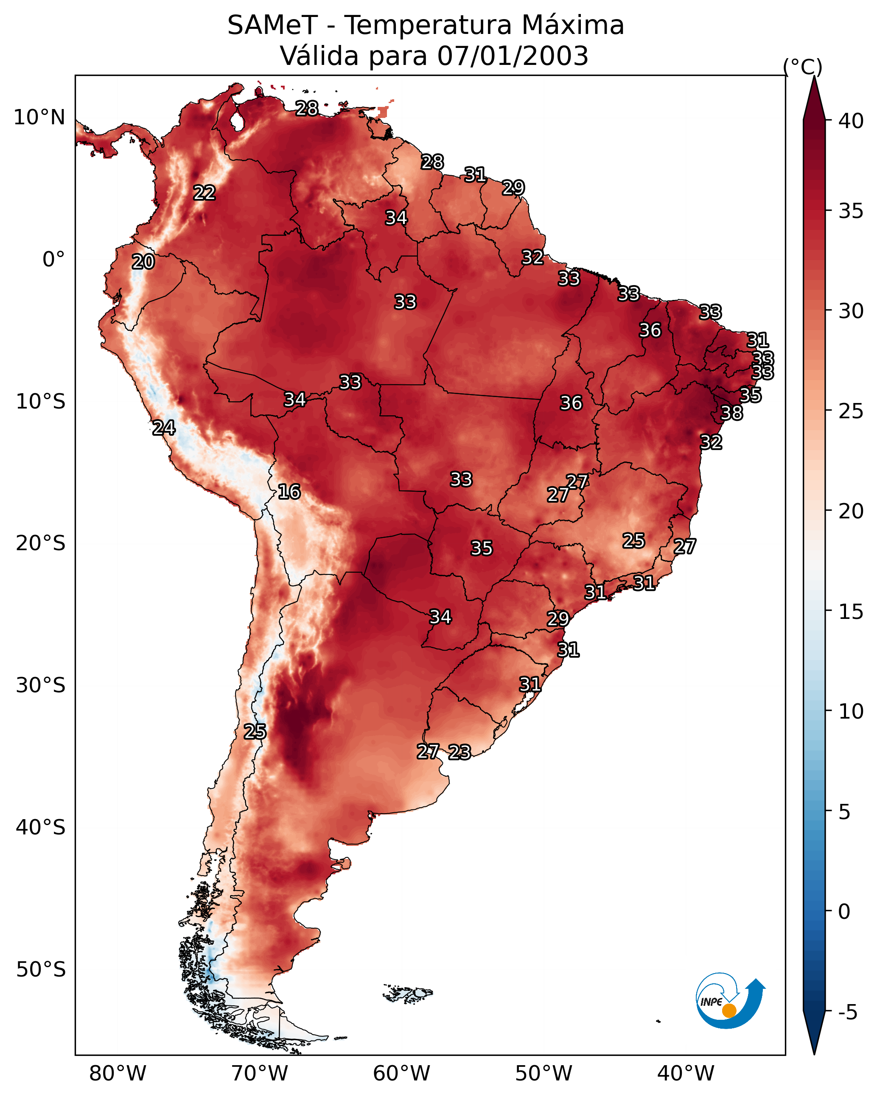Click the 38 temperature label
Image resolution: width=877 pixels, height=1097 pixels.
(x=732, y=413)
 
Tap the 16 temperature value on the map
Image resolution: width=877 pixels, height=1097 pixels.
(x=289, y=492)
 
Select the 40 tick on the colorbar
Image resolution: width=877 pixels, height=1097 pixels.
(x=851, y=121)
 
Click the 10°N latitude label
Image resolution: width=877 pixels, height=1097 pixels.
(x=39, y=118)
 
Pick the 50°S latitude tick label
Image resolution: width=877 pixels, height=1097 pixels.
(x=41, y=970)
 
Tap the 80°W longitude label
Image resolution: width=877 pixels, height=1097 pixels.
(x=118, y=1074)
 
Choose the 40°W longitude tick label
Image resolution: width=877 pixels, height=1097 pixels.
(x=686, y=1074)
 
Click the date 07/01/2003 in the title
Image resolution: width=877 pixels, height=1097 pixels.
(x=513, y=56)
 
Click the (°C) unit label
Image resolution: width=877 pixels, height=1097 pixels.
(x=802, y=67)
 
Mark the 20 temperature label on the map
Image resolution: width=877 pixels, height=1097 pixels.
(x=143, y=262)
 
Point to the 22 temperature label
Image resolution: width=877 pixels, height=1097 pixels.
(x=205, y=193)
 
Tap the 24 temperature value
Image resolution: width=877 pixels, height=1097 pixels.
(x=164, y=428)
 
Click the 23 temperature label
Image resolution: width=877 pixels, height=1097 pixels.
(x=460, y=752)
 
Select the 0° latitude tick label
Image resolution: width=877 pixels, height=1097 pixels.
(x=53, y=260)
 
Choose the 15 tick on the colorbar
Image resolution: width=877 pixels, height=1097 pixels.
(x=851, y=612)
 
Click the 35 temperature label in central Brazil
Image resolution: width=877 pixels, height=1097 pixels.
(x=482, y=548)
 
